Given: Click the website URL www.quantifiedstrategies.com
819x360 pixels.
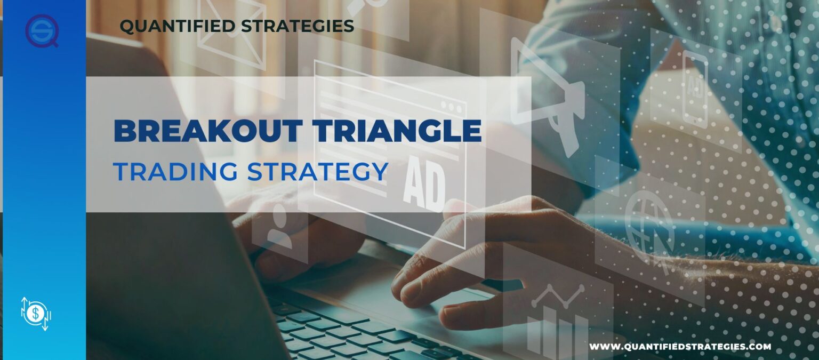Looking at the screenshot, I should [x=680, y=347].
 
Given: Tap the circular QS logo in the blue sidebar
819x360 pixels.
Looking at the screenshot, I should [x=41, y=31].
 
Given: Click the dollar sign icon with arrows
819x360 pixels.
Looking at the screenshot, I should [x=35, y=313].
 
